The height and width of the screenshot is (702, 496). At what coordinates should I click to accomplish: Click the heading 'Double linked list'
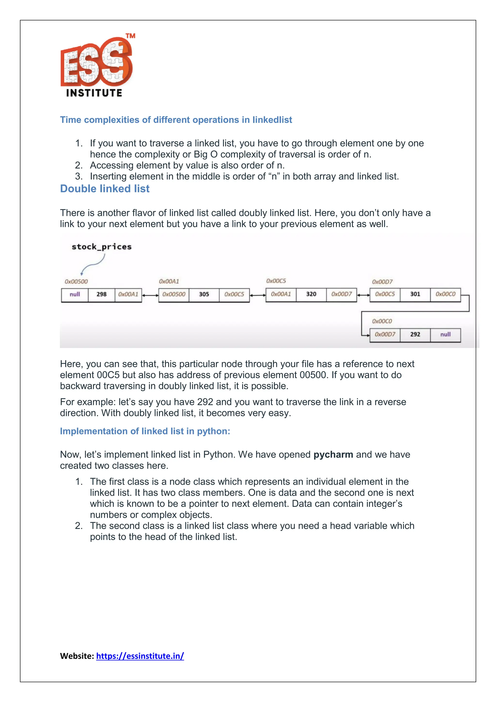coord(105,189)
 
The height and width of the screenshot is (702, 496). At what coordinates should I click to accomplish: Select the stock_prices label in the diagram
coord(101,247)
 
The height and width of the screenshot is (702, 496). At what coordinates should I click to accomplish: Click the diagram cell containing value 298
coord(101,295)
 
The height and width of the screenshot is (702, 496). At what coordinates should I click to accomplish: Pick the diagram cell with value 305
coord(204,295)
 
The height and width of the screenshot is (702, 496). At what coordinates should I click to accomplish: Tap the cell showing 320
coord(311,294)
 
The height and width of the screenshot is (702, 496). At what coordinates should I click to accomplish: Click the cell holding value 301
coord(415,294)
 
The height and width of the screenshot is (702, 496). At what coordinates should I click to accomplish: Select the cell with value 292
coord(415,335)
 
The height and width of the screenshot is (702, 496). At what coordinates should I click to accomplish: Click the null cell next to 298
coord(75,295)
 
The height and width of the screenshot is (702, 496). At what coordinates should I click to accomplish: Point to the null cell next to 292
coord(445,335)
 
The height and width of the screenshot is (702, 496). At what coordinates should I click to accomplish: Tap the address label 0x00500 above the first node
coord(76,282)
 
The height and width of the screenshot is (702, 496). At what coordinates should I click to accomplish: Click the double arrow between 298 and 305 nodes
coord(150,295)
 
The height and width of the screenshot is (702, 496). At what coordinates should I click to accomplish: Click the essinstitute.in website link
coord(140,656)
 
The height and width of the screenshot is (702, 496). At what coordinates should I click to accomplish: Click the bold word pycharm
coord(333,455)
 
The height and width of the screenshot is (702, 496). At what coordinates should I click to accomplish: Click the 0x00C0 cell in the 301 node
coord(445,294)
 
